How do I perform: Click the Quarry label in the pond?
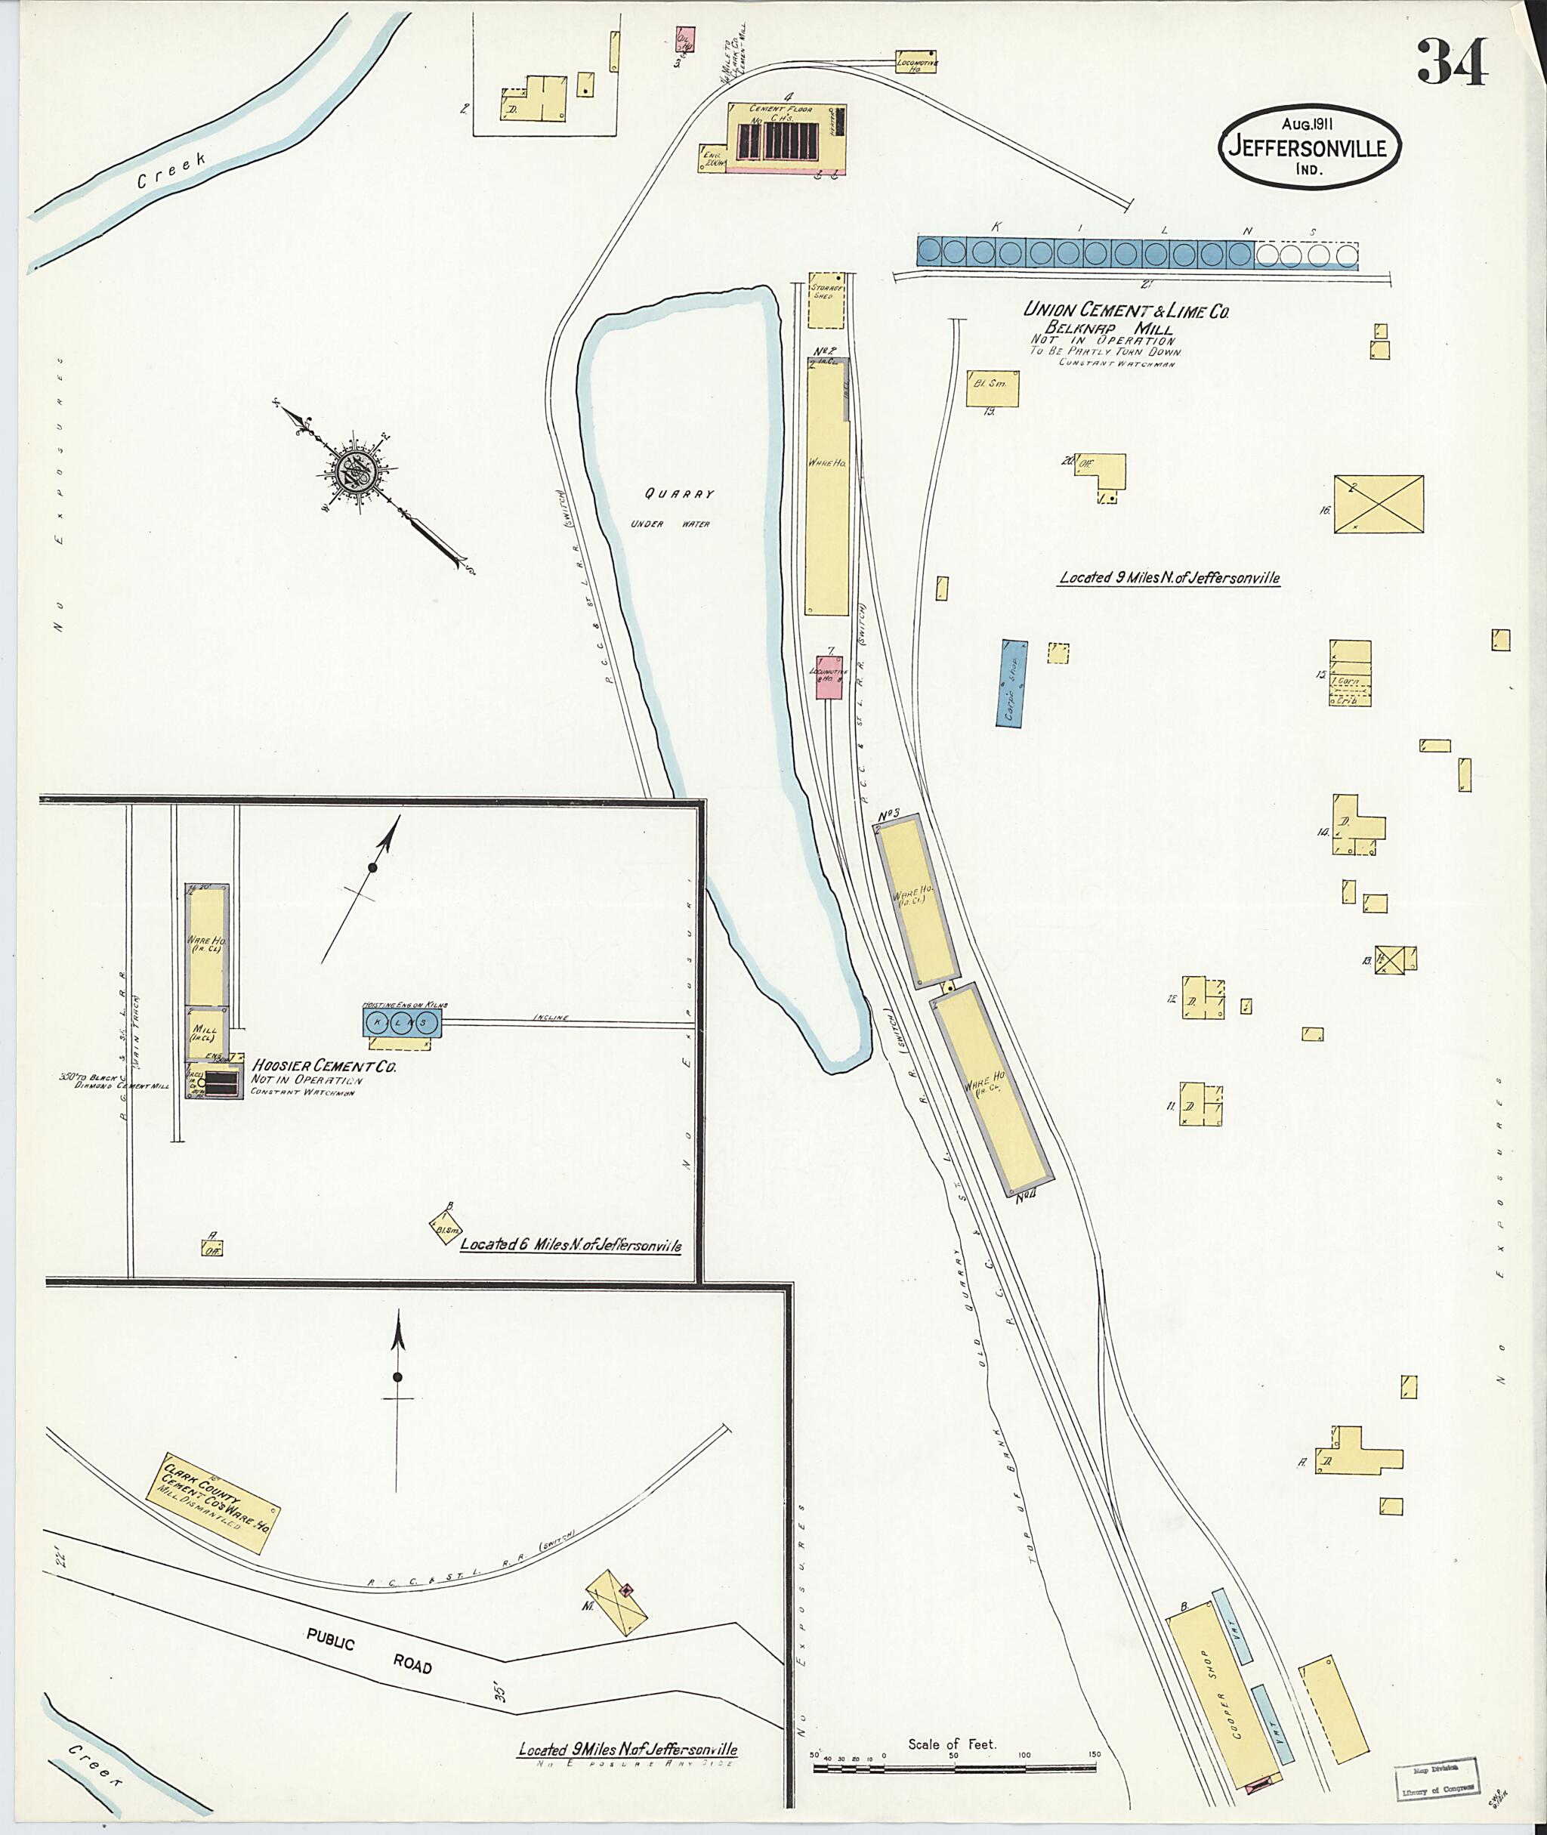click(679, 494)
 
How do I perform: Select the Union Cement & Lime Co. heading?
click(1126, 310)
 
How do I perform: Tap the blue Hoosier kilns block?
click(402, 1022)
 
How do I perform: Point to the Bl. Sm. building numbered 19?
click(992, 388)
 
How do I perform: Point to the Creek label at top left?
click(172, 171)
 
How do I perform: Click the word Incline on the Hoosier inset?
click(550, 1018)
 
